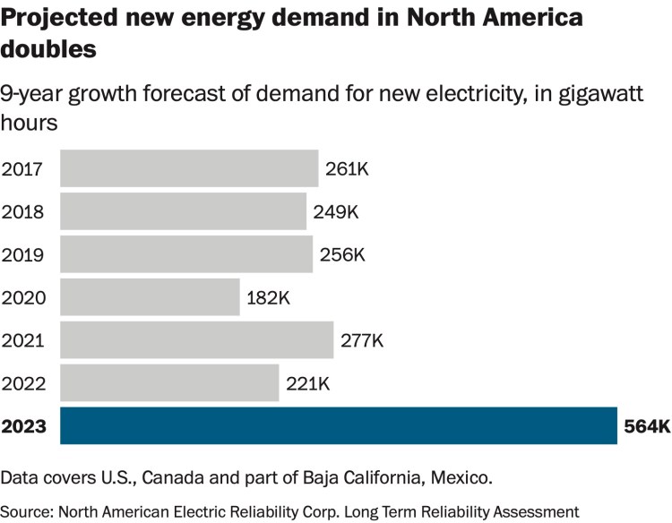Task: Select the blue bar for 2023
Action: (339, 425)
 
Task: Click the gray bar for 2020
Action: (150, 296)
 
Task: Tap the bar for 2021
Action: (196, 339)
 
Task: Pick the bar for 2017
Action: (189, 168)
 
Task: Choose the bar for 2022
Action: (169, 382)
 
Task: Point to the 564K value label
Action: (646, 426)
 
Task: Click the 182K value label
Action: (271, 297)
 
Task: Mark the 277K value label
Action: (362, 340)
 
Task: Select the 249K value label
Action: (335, 212)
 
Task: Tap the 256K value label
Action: (342, 254)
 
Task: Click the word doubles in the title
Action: (48, 50)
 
